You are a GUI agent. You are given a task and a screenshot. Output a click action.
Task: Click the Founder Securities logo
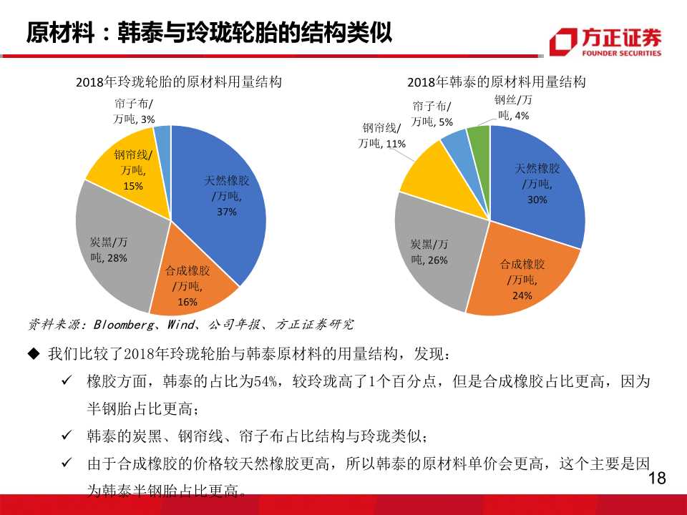pyautogui.click(x=605, y=41)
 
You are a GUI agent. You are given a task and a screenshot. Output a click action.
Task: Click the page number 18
pyautogui.click(x=656, y=479)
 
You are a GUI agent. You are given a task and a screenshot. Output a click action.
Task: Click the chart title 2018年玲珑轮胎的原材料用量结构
pyautogui.click(x=178, y=82)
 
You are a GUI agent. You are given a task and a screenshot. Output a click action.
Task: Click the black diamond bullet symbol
pyautogui.click(x=33, y=354)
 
